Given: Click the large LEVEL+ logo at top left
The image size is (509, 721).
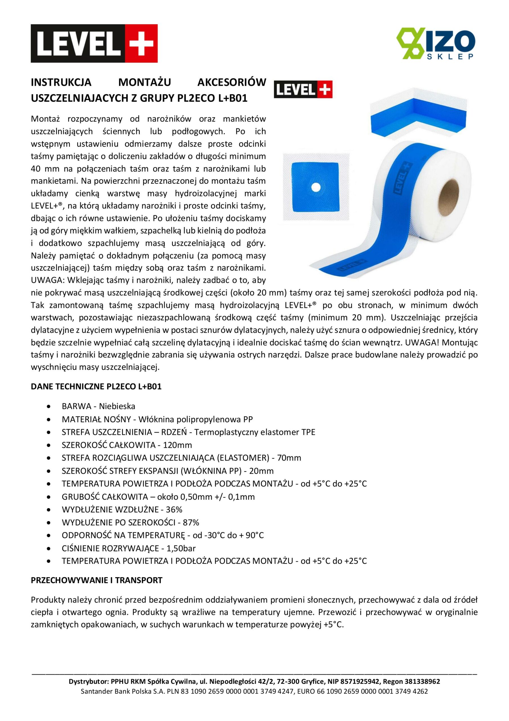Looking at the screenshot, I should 94,43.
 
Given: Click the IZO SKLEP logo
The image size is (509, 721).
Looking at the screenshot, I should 436,43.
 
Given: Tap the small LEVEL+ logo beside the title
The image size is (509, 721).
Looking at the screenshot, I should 303,90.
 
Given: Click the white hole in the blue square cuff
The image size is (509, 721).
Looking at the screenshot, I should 316,188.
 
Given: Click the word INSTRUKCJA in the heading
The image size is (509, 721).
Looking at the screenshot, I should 61,82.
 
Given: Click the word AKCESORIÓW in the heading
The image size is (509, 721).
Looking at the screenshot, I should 232,82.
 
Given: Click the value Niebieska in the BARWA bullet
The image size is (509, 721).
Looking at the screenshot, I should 117,406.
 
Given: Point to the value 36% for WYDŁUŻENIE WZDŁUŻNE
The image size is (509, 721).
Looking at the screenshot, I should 174,509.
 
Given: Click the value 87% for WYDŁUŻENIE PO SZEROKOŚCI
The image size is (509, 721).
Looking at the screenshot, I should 191,522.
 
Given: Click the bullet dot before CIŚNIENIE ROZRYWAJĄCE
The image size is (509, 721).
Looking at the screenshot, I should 48,549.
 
